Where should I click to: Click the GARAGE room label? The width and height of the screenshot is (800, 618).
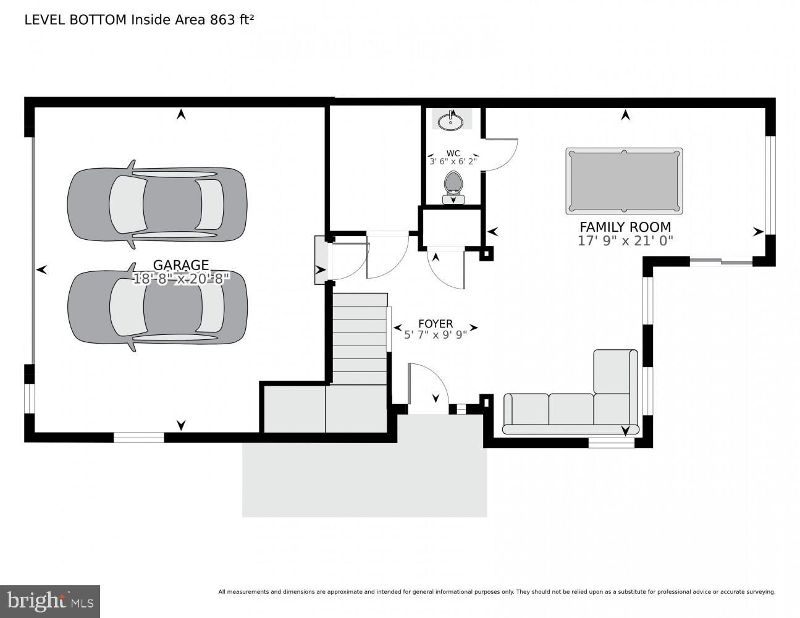tap(181, 265)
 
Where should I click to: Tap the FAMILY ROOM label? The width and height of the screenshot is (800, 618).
tap(625, 227)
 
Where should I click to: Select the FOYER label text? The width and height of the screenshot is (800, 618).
tap(435, 324)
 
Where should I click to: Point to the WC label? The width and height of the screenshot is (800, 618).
tap(453, 153)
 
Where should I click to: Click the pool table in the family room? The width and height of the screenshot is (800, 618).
tap(624, 181)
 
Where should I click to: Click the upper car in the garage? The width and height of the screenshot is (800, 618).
tap(157, 205)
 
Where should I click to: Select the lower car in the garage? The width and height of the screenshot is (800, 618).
tap(157, 307)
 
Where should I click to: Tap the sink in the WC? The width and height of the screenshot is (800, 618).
tap(451, 121)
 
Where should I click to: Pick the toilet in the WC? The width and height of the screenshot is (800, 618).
tap(453, 186)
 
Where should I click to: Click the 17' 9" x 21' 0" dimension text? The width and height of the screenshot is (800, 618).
tap(625, 241)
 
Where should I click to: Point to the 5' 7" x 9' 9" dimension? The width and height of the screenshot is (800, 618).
tap(435, 335)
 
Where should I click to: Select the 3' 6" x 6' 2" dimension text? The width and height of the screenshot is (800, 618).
tap(453, 162)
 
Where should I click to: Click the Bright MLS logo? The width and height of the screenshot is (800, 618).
tap(49, 601)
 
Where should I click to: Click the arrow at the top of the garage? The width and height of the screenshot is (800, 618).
tap(181, 114)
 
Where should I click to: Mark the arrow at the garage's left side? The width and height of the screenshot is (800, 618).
tap(42, 269)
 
